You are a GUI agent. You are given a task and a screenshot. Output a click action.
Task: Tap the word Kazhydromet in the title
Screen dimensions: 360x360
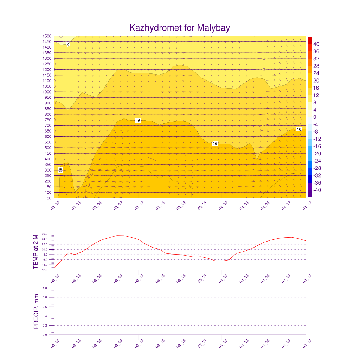point(155,28)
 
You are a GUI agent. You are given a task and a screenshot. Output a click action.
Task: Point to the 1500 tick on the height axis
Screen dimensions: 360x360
point(47,36)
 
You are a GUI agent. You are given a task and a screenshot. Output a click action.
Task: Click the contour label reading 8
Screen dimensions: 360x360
point(68,44)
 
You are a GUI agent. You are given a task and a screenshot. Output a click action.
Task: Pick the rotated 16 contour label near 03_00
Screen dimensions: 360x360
point(60,170)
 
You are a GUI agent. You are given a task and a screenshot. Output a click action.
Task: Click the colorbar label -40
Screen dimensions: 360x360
point(316,190)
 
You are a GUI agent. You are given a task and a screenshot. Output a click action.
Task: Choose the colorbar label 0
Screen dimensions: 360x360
point(315,117)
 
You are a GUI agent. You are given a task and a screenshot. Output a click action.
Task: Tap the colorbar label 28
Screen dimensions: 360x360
point(316,66)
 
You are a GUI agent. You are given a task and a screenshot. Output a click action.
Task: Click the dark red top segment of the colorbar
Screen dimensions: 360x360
point(310,40)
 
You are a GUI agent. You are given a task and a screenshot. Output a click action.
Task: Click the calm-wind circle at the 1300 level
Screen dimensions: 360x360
point(264,58)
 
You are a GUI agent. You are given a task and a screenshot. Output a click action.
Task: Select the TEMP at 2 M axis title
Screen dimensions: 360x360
point(36,252)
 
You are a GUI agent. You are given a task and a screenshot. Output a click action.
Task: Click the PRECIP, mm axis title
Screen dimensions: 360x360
point(36,311)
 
